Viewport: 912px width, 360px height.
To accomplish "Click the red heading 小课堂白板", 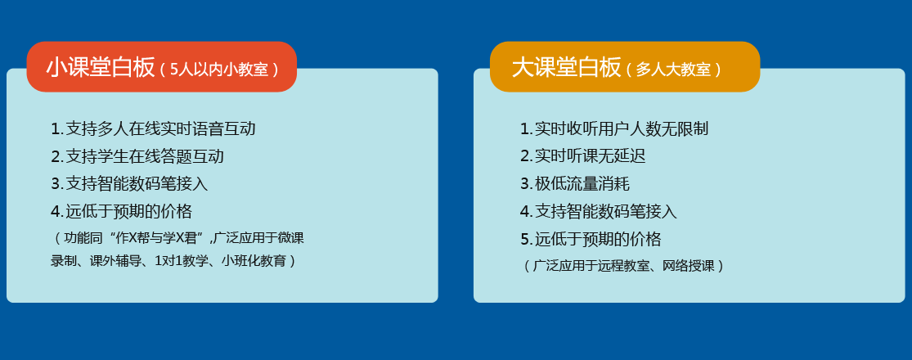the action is tap(100, 67).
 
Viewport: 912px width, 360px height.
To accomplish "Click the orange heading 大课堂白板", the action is tap(567, 67).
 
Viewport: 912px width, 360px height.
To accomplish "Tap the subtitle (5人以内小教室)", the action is tap(218, 70).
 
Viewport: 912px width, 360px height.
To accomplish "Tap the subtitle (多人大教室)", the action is tap(674, 70).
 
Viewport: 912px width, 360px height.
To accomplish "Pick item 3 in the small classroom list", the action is tap(129, 184).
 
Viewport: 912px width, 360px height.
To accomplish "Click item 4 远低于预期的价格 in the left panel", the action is tap(121, 211).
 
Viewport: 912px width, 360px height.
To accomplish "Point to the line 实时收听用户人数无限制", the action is tap(614, 128).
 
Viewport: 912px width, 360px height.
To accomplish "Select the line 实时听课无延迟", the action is tap(583, 156).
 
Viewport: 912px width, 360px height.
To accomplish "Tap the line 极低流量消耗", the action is tap(575, 184).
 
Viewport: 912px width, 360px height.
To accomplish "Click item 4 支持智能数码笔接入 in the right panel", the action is tap(599, 211).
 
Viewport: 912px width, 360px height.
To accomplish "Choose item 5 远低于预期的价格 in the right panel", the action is tap(591, 239).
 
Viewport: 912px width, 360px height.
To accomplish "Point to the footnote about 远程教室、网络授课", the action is tap(623, 266).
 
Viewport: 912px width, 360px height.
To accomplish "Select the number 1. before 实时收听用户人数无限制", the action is tap(526, 128).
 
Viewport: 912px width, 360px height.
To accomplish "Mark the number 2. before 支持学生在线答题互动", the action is tap(56, 156).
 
